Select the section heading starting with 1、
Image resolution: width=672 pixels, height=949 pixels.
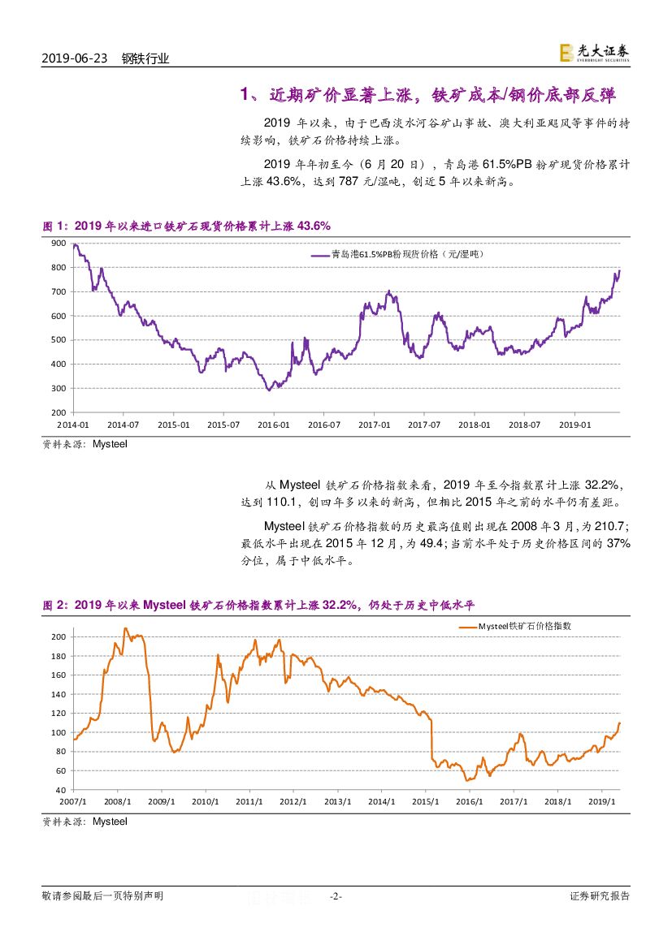tap(428, 95)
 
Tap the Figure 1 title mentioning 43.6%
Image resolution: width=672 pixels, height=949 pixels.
tap(186, 225)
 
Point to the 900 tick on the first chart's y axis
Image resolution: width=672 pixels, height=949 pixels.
tap(58, 244)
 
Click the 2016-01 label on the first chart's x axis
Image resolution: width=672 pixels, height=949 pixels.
tap(274, 425)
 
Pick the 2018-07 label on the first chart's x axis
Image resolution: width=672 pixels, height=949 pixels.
tap(524, 425)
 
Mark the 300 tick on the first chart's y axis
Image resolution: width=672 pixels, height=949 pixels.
tap(58, 389)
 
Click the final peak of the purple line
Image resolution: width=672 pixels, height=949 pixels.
tap(619, 270)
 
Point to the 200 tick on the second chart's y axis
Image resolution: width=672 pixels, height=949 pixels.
tap(58, 636)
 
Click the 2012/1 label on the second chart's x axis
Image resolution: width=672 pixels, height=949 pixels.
tap(293, 801)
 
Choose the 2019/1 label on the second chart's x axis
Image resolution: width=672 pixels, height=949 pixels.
tap(602, 801)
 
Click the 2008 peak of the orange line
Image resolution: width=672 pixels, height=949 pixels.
tap(125, 628)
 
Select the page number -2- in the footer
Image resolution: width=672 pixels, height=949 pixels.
tap(336, 896)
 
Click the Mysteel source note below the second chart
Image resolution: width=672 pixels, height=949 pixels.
tap(85, 822)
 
